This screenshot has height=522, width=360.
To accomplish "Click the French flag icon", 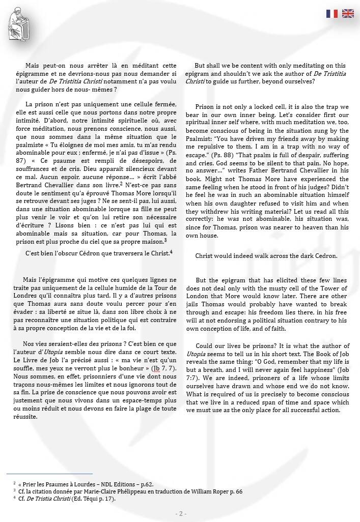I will point(332,14).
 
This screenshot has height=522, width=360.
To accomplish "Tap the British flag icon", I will point(348,14).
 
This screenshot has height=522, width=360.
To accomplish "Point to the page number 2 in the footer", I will point(180,513).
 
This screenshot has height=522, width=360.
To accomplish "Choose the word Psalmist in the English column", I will point(209,138).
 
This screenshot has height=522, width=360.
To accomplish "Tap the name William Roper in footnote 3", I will point(215,491).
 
